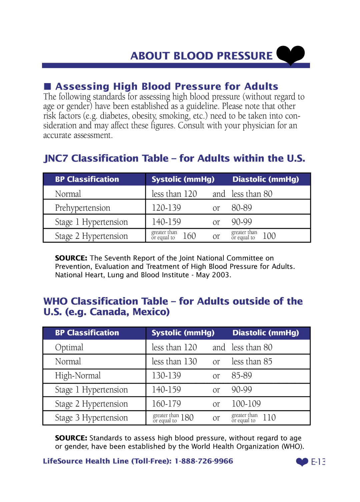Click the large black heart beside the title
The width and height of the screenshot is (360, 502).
pyautogui.click(x=290, y=54)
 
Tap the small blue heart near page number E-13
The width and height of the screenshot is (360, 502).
pyautogui.click(x=302, y=462)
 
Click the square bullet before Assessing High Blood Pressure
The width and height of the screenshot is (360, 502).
pyautogui.click(x=47, y=86)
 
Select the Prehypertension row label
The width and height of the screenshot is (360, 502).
pyautogui.click(x=82, y=208)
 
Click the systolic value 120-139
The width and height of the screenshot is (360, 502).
pyautogui.click(x=166, y=208)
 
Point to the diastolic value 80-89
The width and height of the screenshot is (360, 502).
pyautogui.click(x=242, y=208)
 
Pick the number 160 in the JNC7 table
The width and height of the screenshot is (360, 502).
pyautogui.click(x=189, y=236)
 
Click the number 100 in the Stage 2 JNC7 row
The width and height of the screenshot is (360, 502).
pyautogui.click(x=269, y=236)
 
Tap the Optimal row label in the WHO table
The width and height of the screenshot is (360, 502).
pyautogui.click(x=69, y=347)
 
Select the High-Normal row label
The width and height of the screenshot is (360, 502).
pyautogui.click(x=78, y=376)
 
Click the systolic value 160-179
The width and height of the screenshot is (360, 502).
pyautogui.click(x=166, y=404)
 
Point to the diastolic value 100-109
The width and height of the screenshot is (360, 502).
pyautogui.click(x=246, y=404)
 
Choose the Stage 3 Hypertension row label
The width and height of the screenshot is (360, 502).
pyautogui.click(x=91, y=418)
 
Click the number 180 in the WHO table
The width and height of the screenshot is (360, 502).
pyautogui.click(x=187, y=418)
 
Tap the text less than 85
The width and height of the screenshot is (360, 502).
pyautogui.click(x=252, y=362)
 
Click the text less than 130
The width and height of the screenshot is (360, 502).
pyautogui.click(x=174, y=362)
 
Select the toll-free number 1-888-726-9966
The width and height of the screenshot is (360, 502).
pyautogui.click(x=204, y=461)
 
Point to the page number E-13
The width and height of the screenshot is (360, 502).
pyautogui.click(x=318, y=462)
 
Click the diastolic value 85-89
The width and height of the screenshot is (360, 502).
pyautogui.click(x=242, y=376)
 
